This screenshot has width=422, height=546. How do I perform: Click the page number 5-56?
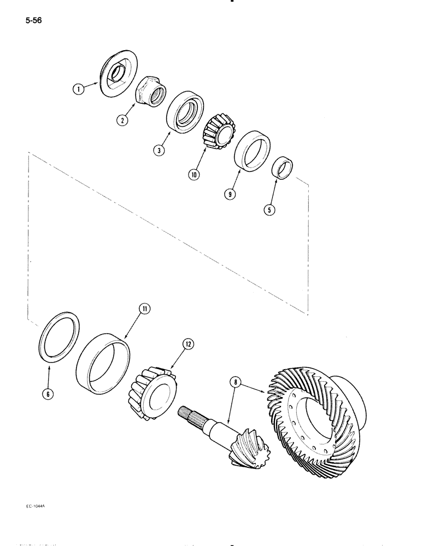coord(33,21)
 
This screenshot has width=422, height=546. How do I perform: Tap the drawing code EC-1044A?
coord(36,506)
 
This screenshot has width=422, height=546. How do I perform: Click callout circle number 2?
coord(124,120)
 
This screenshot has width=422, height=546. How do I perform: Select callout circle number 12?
coord(188,344)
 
